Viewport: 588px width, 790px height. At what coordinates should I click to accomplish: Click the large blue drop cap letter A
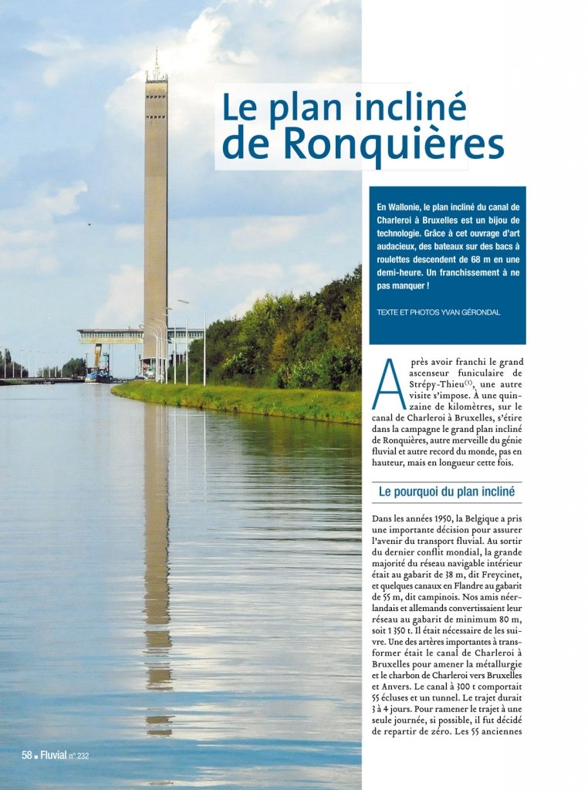click(x=388, y=383)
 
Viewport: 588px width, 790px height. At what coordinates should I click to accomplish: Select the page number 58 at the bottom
click(x=26, y=755)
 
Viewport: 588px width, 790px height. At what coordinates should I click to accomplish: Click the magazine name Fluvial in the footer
click(x=53, y=755)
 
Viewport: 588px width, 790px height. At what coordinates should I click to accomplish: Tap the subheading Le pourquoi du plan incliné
click(x=446, y=491)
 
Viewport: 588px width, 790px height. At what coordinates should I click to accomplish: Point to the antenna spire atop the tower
click(x=156, y=62)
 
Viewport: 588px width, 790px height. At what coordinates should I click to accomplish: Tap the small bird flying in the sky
click(x=89, y=224)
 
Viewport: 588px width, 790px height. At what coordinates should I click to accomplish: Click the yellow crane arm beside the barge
click(x=98, y=356)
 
